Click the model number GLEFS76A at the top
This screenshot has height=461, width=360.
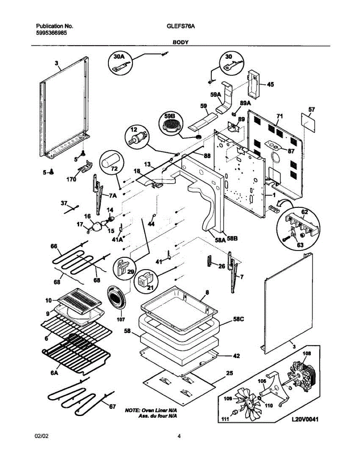click(x=181, y=26)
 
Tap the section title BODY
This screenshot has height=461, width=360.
click(x=181, y=42)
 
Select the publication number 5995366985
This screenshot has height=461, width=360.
click(x=51, y=33)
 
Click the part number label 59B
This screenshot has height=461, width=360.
click(x=170, y=116)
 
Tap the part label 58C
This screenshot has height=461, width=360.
click(x=239, y=325)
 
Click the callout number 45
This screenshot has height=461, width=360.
click(x=270, y=85)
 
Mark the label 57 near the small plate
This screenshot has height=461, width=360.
click(x=312, y=110)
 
